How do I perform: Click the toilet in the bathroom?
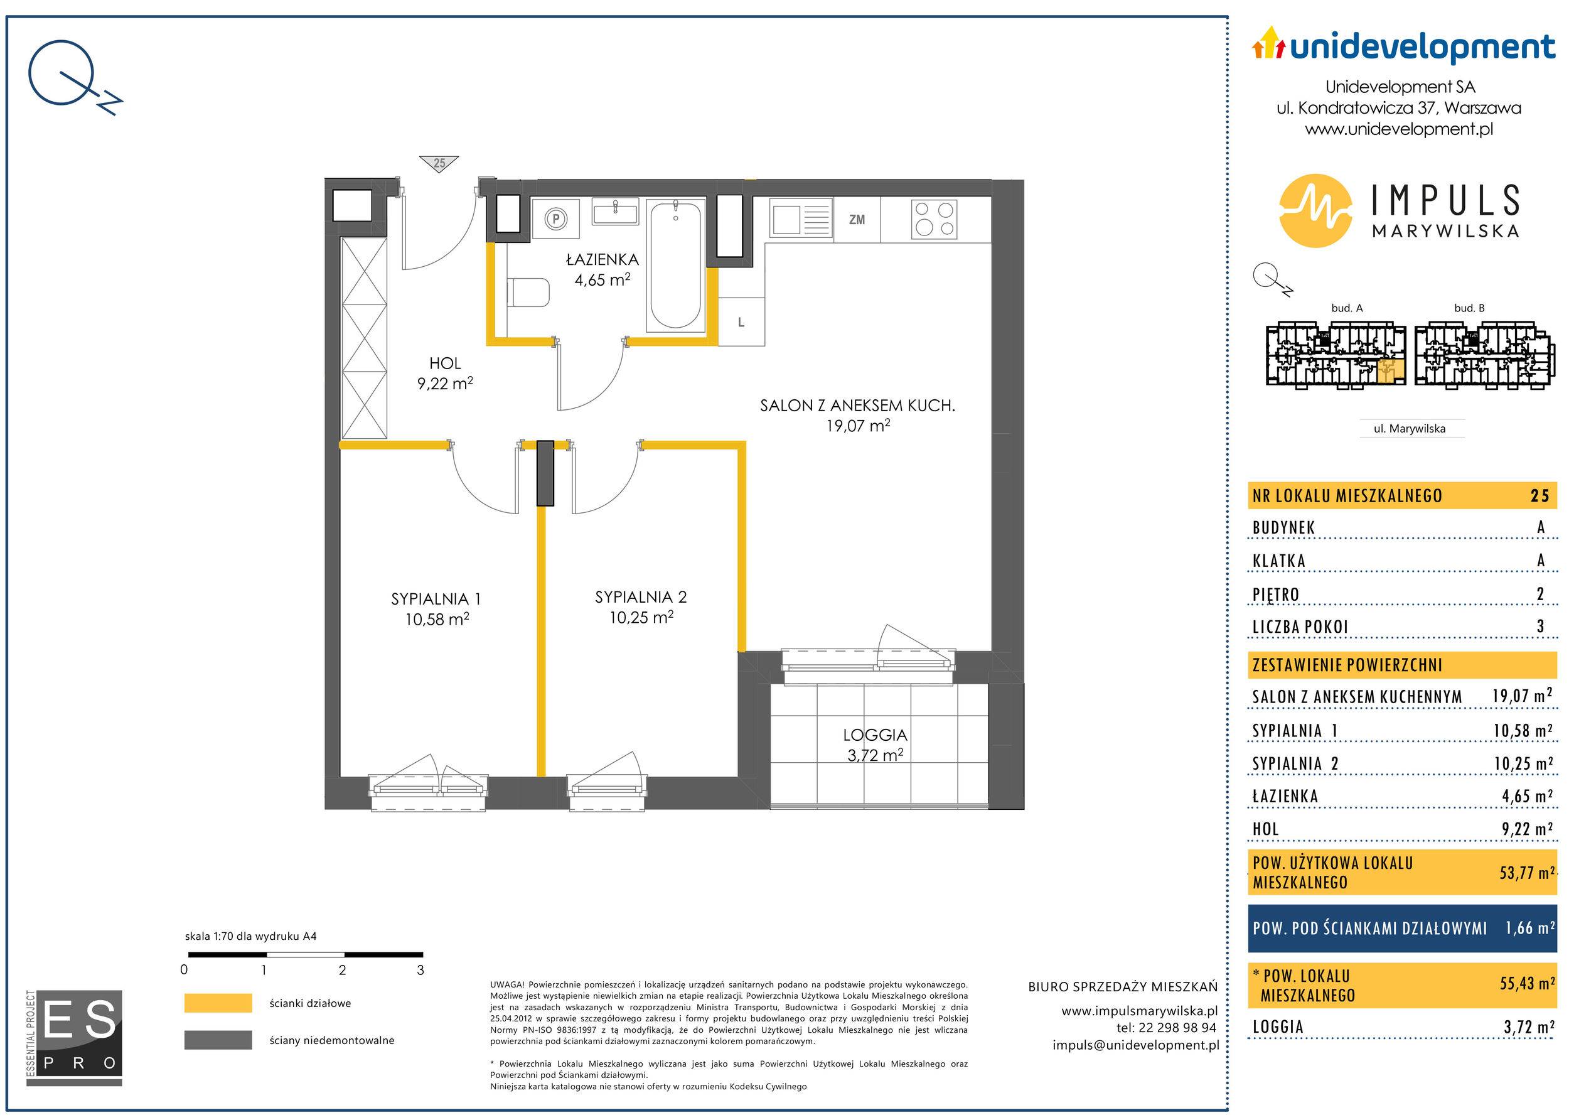click(528, 293)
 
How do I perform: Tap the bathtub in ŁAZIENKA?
click(675, 264)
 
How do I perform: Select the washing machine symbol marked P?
click(555, 219)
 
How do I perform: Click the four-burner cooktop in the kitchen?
click(934, 218)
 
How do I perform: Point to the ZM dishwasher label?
click(857, 220)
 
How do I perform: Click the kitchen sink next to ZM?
click(800, 219)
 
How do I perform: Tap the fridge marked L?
click(741, 322)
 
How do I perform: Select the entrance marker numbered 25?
click(439, 163)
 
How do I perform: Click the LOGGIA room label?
click(875, 735)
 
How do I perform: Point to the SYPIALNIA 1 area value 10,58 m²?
click(437, 619)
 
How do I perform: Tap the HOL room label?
click(444, 363)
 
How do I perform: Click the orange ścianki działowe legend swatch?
click(218, 1003)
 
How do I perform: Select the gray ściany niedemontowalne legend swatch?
click(218, 1040)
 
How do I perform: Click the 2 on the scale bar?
click(343, 970)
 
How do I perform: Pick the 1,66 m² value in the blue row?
click(1530, 928)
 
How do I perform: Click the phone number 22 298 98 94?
click(1175, 1028)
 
